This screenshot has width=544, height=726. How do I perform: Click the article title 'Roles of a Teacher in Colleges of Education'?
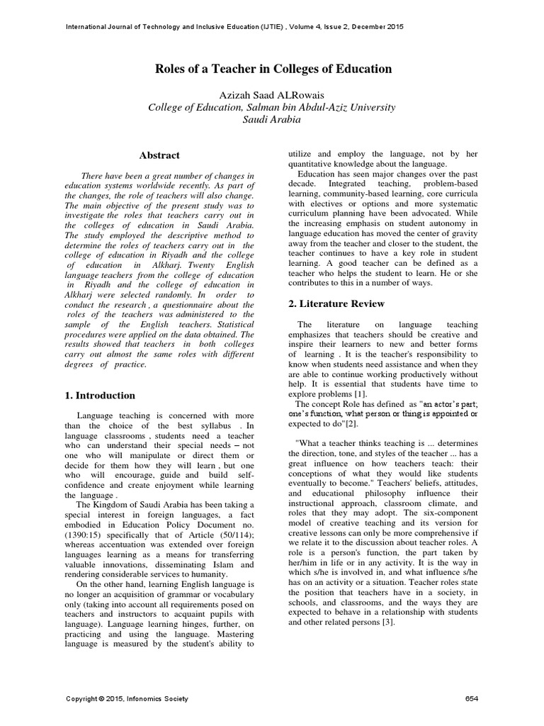coord(273,69)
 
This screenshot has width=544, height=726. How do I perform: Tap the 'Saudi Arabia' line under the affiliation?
coord(272,120)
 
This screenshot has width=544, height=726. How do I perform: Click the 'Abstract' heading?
coord(159,155)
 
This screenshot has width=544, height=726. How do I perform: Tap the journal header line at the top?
coord(234,27)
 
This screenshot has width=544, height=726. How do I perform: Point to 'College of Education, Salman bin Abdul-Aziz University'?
coord(272,107)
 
